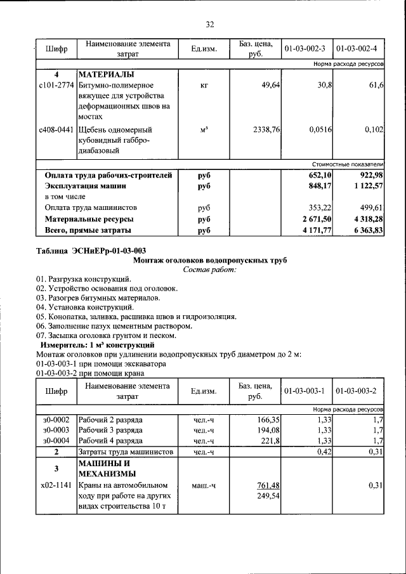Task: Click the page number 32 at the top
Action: tap(209, 24)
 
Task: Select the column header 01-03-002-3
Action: tap(304, 49)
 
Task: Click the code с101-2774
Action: tap(56, 85)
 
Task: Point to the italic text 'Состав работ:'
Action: tap(209, 270)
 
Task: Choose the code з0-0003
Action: tap(56, 430)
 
